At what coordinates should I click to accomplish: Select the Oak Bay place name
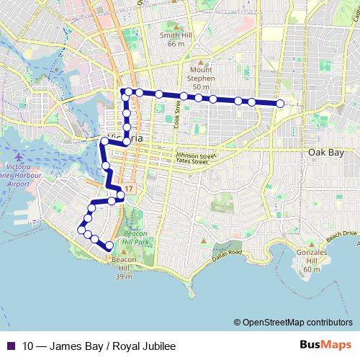pos(323,153)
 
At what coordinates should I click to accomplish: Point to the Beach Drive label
pos(342,235)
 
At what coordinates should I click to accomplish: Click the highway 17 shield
pos(127,188)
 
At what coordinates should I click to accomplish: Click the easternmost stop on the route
pos(280,104)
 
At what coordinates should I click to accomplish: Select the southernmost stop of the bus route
pos(109,246)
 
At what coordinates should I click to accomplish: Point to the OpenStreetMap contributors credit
pos(295,322)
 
